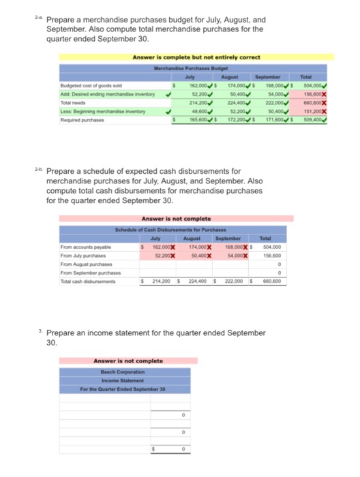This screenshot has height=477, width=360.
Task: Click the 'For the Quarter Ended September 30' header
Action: (137, 386)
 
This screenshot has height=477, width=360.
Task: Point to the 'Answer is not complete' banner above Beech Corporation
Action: (137, 360)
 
